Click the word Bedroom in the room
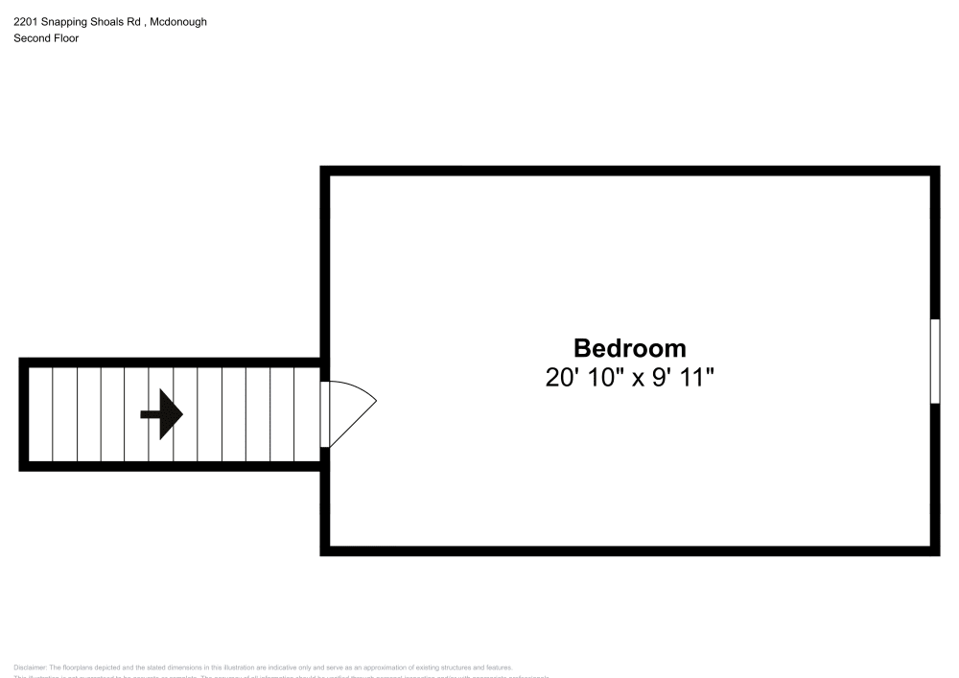(x=630, y=348)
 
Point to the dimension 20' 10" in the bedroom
(x=584, y=378)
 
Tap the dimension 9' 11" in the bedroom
(x=683, y=378)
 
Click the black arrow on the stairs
(x=162, y=414)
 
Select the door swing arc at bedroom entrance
(x=355, y=412)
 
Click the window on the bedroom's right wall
(x=935, y=362)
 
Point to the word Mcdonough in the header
(x=178, y=21)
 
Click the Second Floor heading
(x=46, y=38)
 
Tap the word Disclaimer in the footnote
(x=31, y=667)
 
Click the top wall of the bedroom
(x=629, y=171)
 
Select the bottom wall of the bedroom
(x=629, y=551)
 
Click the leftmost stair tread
(x=40, y=414)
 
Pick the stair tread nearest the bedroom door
(x=307, y=414)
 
